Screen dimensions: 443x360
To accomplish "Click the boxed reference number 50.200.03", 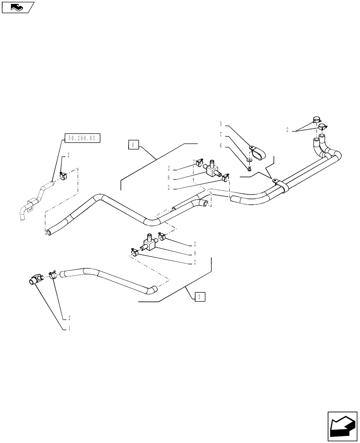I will point(82,139).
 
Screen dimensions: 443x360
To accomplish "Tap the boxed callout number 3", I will point(200,297).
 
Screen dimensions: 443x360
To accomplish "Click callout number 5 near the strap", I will point(221,124).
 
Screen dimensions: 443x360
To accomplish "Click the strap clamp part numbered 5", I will point(257,152).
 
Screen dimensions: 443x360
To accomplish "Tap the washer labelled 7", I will point(250,160).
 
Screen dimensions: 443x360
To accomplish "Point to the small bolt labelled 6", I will point(250,168).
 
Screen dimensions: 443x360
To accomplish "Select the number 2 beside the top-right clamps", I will point(287,130).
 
